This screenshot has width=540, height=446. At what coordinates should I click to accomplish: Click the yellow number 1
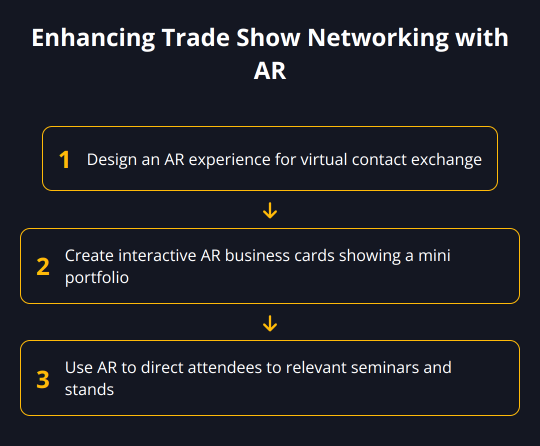tap(64, 160)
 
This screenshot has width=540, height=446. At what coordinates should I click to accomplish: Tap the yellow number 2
tap(43, 267)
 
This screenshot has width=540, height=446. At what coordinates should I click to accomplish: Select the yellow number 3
tap(43, 379)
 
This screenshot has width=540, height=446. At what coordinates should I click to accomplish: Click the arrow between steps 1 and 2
tap(270, 211)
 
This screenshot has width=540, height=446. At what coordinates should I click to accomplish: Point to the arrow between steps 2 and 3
tap(270, 323)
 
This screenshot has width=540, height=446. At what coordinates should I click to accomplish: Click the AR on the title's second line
tap(270, 70)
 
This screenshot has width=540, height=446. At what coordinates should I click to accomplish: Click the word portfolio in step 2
tap(97, 277)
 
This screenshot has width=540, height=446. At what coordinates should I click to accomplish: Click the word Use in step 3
tap(79, 367)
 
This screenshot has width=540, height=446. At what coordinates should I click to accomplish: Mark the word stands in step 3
tap(89, 389)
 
